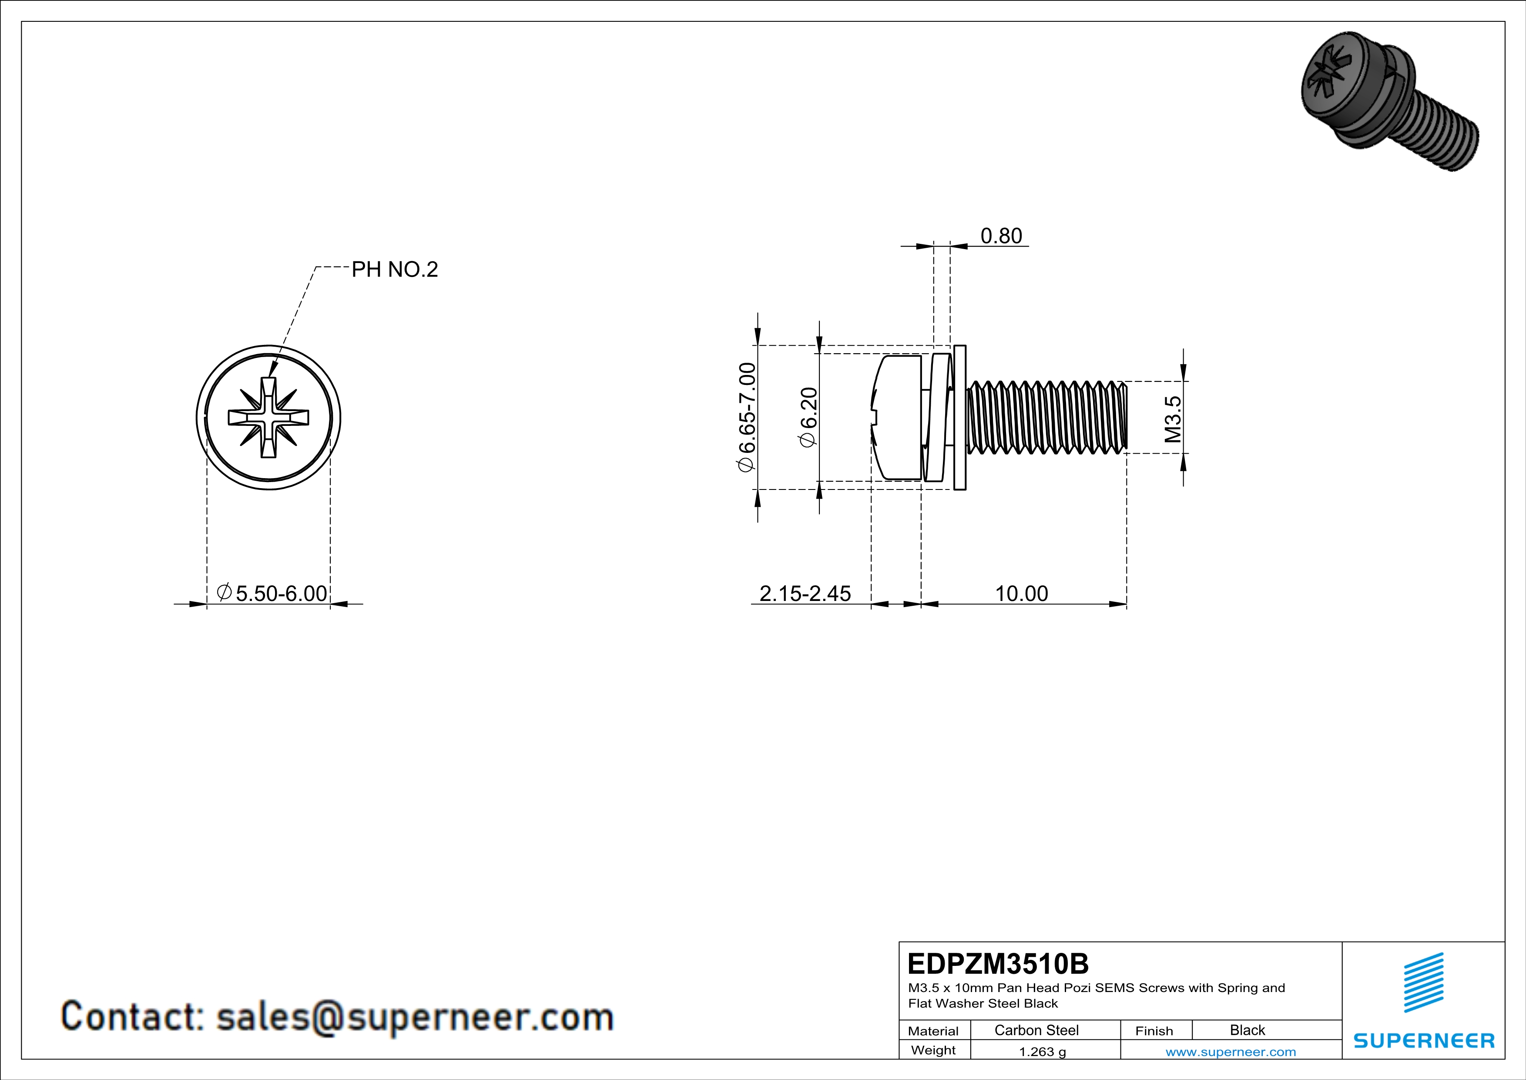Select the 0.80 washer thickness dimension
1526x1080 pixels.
click(1001, 236)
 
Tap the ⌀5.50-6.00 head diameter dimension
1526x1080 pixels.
click(272, 593)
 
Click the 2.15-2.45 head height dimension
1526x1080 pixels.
click(805, 593)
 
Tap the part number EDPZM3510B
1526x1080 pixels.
click(998, 964)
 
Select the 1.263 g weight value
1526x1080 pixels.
click(1042, 1051)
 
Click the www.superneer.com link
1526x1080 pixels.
click(1230, 1051)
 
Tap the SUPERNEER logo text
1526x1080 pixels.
click(1424, 1041)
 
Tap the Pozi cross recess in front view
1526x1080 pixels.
click(268, 418)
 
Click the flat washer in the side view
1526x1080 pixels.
click(959, 418)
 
